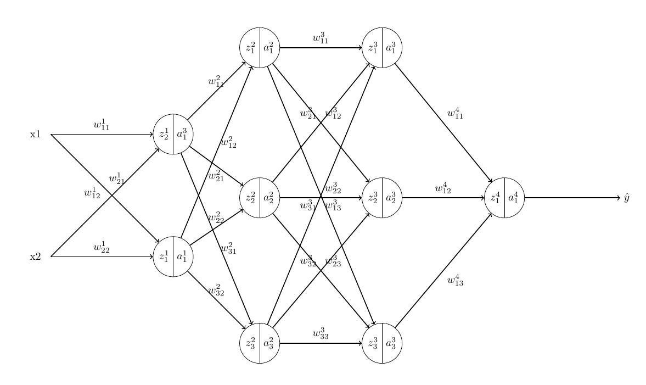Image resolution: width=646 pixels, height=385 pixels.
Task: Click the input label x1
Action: click(35, 135)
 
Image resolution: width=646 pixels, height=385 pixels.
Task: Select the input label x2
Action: click(35, 256)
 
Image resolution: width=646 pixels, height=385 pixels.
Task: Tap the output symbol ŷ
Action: click(626, 198)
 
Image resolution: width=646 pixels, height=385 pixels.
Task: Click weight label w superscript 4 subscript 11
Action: click(456, 114)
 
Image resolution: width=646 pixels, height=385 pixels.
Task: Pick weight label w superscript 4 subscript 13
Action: click(456, 281)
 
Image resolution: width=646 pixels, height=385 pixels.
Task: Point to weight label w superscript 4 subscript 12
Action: click(443, 188)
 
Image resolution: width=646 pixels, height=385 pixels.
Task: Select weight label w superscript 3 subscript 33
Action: click(321, 334)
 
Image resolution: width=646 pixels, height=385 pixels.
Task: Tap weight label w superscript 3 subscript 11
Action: click(321, 38)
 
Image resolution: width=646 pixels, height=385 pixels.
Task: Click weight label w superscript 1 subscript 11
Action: click(102, 125)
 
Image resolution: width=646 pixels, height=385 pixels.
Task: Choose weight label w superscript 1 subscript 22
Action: click(102, 248)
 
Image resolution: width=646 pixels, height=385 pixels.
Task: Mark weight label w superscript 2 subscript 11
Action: click(216, 82)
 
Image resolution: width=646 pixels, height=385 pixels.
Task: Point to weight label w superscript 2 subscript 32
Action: click(216, 290)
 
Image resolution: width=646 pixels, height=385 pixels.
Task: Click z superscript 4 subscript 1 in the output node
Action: click(495, 198)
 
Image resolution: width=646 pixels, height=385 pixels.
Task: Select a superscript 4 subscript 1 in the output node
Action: click(514, 198)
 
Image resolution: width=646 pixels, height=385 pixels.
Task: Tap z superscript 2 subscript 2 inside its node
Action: click(250, 198)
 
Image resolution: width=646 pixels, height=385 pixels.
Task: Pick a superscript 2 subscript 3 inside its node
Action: click(268, 344)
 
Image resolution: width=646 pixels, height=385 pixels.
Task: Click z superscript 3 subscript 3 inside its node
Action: click(373, 344)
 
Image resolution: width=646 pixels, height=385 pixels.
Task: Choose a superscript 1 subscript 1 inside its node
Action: click(182, 256)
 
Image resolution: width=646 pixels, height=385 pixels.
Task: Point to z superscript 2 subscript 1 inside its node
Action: click(250, 48)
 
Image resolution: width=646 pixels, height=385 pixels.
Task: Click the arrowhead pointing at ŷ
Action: click(617, 198)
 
